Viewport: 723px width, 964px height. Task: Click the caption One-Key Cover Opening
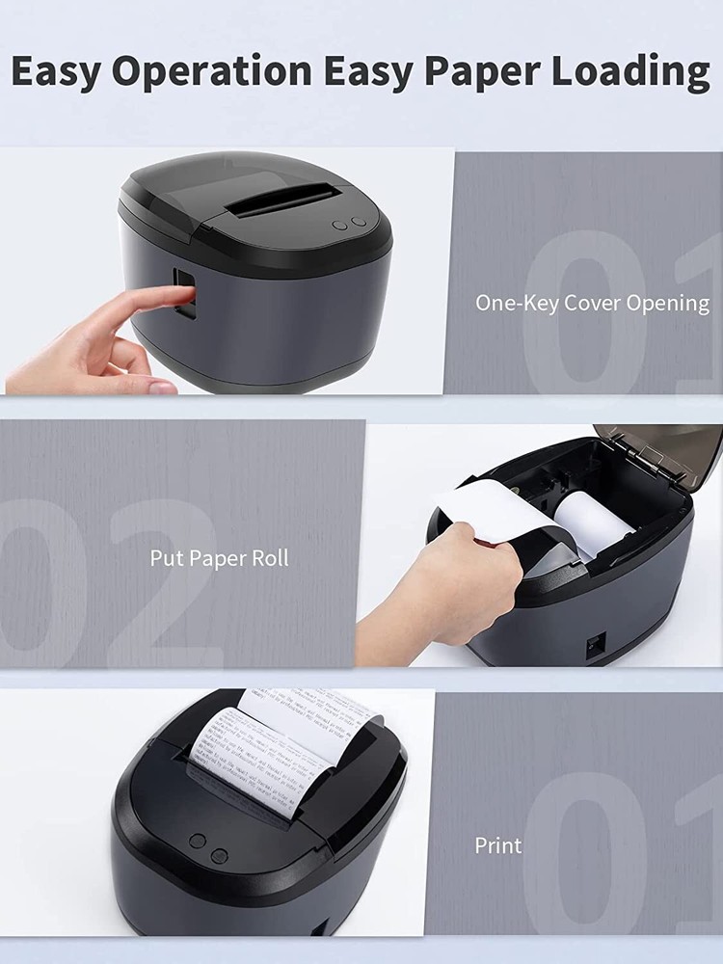[592, 303]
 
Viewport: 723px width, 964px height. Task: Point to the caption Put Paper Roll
[219, 558]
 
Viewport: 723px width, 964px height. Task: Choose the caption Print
[497, 845]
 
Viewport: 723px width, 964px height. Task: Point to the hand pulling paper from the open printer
[453, 588]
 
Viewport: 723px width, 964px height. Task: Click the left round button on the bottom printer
[197, 841]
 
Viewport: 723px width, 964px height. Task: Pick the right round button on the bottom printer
[219, 854]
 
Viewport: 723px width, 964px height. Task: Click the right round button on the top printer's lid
[359, 223]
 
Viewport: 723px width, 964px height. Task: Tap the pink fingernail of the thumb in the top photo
[162, 387]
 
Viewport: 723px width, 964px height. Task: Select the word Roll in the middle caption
[269, 558]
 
